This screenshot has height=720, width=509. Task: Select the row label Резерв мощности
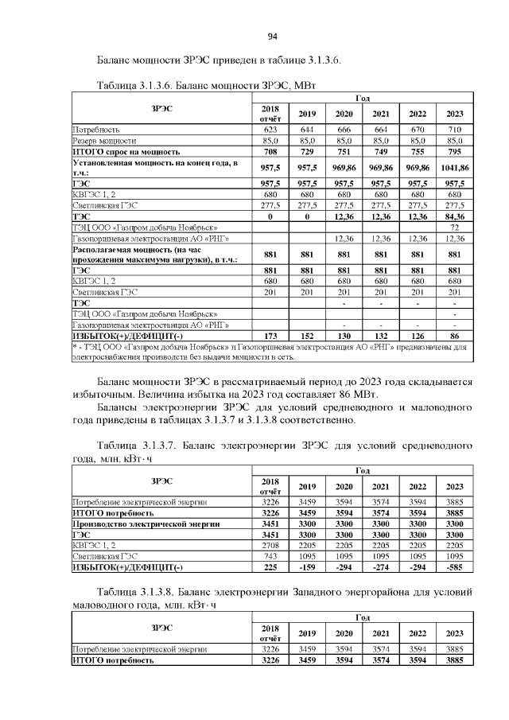104,139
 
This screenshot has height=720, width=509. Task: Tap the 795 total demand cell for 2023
454,150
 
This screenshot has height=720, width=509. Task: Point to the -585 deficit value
454,567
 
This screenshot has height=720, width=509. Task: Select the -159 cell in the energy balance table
307,567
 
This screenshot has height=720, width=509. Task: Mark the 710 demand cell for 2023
454,129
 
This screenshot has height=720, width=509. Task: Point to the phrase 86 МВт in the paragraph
362,395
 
